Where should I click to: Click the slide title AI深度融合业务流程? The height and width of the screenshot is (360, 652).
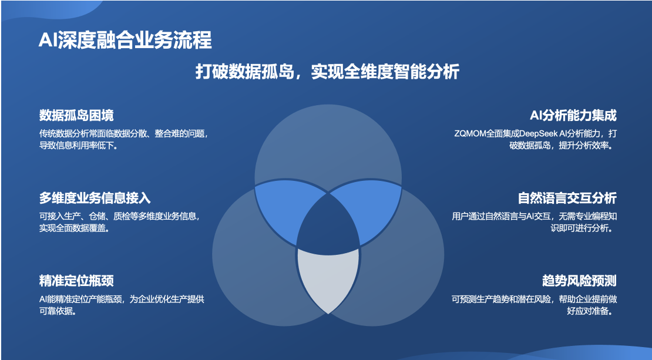(x=125, y=41)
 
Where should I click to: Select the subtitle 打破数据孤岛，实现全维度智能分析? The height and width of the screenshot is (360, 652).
(x=327, y=72)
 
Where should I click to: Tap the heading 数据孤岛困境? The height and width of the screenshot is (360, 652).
(x=76, y=115)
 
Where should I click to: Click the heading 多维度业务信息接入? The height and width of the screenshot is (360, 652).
(x=95, y=198)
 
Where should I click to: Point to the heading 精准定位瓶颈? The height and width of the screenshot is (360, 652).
(x=76, y=281)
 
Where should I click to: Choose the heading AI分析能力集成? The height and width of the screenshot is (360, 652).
(x=573, y=115)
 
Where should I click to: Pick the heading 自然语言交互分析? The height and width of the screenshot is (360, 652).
(x=567, y=198)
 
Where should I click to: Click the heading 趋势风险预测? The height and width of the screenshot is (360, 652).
(x=579, y=281)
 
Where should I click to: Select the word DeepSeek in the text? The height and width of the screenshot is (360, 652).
(x=539, y=134)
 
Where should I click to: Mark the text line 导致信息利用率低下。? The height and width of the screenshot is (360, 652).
(x=78, y=146)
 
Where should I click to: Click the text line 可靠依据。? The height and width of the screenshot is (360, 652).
(x=58, y=311)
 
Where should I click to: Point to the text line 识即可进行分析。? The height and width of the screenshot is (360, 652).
(x=583, y=228)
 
